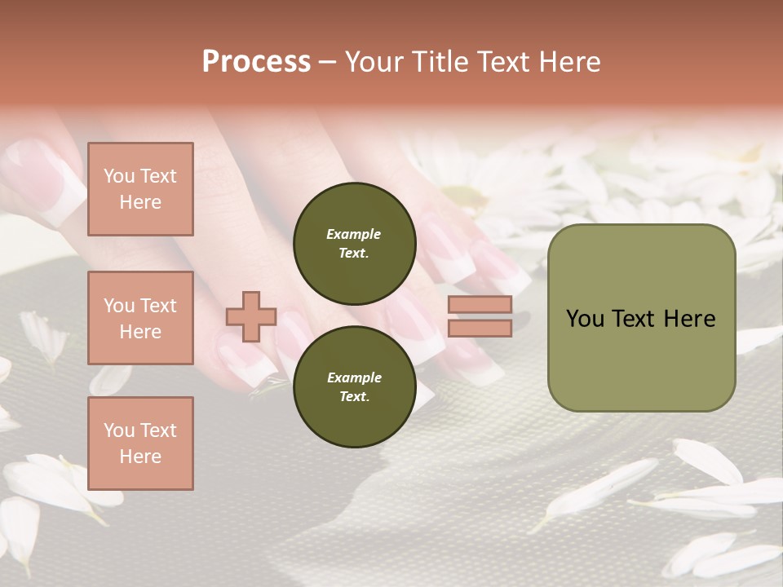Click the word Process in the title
click(256, 62)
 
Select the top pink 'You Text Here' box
click(140, 189)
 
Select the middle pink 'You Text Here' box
click(140, 318)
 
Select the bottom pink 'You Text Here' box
click(140, 443)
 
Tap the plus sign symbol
click(251, 316)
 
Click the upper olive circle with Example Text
click(354, 244)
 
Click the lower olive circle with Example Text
click(354, 386)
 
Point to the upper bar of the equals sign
click(480, 304)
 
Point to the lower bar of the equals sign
click(480, 328)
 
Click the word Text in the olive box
click(634, 319)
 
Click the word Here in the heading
click(570, 62)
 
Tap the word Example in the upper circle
click(354, 234)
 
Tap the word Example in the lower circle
click(354, 377)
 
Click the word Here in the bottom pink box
click(140, 457)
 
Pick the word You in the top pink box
click(119, 176)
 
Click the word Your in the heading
click(374, 62)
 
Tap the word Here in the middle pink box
click(140, 332)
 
